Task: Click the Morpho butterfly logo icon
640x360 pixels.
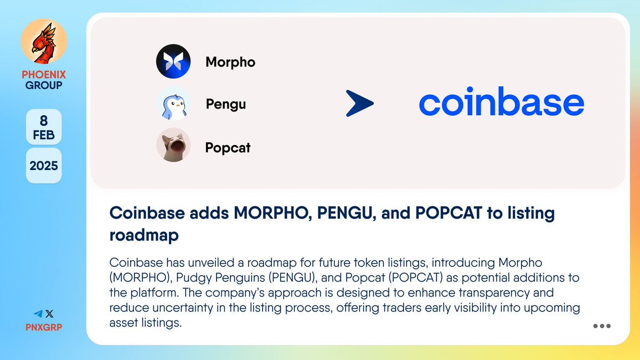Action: coord(173,62)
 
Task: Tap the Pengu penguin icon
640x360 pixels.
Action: coord(173,103)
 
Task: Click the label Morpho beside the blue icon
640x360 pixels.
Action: coord(230,62)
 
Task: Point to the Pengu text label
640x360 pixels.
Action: coord(226,104)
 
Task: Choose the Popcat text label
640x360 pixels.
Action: coord(228,148)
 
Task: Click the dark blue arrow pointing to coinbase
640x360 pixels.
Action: coord(359,103)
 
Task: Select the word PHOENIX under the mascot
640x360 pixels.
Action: coord(44,75)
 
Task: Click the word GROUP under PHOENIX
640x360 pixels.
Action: coord(44,85)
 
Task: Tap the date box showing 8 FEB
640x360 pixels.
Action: coord(44,127)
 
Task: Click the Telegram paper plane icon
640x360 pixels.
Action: coord(38,314)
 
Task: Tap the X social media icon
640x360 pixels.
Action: coord(50,314)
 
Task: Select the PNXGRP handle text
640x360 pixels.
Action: coord(44,327)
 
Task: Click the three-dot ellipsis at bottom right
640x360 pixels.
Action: coord(602,326)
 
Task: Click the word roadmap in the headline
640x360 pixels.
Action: coord(143,236)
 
